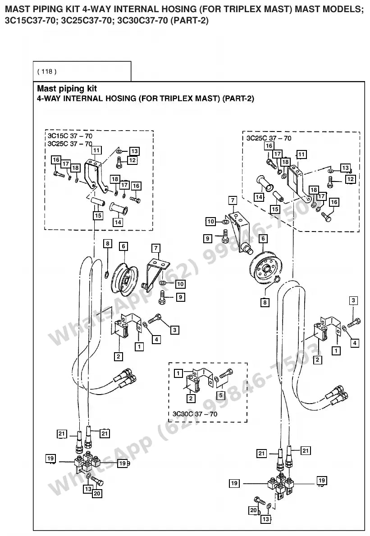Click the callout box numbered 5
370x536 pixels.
pos(221,395)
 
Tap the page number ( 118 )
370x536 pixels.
pos(47,72)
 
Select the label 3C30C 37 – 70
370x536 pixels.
pos(195,414)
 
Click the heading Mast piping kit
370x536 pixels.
pos(67,89)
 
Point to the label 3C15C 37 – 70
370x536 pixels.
pos(70,136)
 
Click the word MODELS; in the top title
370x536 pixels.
pos(329,9)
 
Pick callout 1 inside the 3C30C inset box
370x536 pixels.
pos(178,373)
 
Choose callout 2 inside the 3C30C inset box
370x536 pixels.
pos(191,398)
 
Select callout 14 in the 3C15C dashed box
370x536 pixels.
pos(118,222)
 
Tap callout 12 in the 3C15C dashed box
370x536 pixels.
pos(132,160)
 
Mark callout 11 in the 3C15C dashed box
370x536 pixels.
pos(96,150)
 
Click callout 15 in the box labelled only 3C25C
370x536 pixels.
pos(275,209)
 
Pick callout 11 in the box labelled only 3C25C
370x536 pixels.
pos(301,154)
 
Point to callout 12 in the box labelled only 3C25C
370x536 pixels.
pos(350,179)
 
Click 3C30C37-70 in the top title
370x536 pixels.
pos(142,21)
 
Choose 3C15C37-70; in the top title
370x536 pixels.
pos(31,21)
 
